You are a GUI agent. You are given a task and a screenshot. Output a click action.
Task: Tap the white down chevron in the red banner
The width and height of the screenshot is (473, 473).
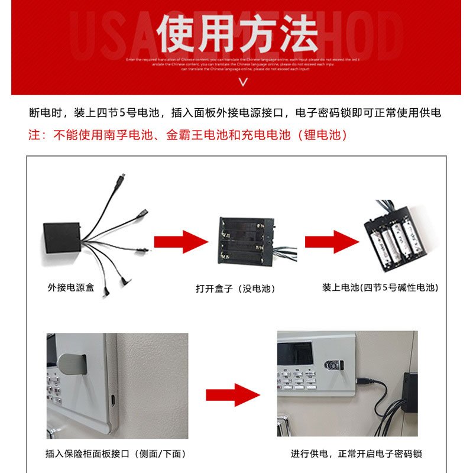click(x=242, y=82)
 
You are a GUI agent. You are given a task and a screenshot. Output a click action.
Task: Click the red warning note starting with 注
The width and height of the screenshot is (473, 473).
click(x=188, y=135)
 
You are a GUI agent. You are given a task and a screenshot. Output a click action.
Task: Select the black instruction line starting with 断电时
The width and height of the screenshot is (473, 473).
click(x=235, y=113)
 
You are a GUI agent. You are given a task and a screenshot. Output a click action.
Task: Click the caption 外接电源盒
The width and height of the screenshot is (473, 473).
click(x=70, y=288)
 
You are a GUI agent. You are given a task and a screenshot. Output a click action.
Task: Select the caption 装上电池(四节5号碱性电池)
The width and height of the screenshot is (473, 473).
click(x=380, y=288)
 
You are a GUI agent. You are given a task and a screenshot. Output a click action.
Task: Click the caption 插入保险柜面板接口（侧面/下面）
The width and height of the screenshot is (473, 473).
click(x=116, y=454)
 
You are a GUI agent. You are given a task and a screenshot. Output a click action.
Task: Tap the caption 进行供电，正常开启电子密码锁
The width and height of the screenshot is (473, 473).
click(x=357, y=454)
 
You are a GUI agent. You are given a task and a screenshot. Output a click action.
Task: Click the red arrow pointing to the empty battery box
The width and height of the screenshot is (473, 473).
click(x=181, y=242)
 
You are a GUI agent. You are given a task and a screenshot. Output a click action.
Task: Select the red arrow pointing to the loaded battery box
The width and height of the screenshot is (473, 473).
click(x=332, y=242)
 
